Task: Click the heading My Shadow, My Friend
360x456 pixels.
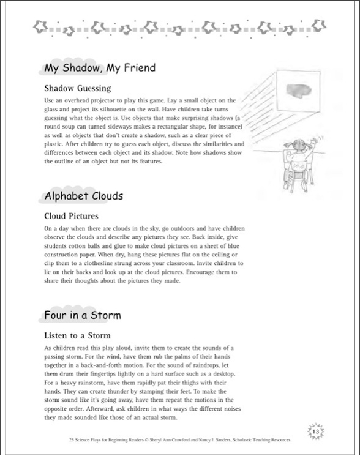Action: (x=100, y=67)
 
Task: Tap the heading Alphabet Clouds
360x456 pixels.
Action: (x=83, y=196)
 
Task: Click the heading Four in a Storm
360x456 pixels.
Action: (x=82, y=315)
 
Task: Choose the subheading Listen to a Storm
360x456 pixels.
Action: (x=77, y=335)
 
